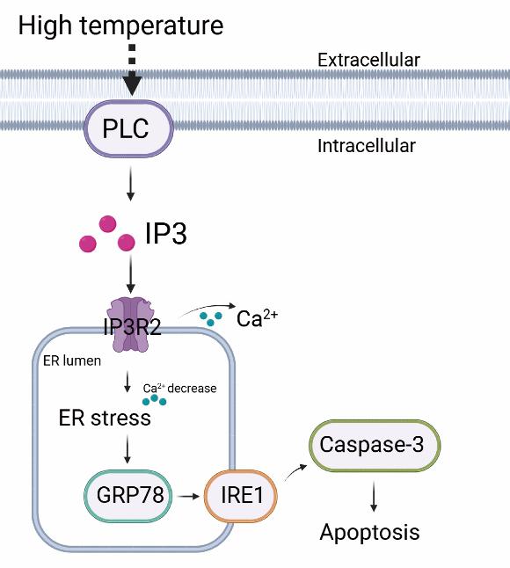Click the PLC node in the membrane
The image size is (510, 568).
point(128,128)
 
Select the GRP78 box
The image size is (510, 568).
point(127,496)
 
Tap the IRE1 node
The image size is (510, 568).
point(241,496)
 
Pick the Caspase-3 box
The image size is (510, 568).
point(375,445)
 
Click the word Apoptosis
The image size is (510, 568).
point(369,532)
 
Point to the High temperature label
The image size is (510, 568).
point(120,25)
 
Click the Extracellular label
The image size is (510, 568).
point(368,60)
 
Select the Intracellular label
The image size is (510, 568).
point(366,146)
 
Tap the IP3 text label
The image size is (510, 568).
point(166,233)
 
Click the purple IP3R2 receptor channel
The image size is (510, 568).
point(129,324)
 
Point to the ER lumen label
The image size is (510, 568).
point(72,360)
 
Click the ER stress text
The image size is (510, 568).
point(105,418)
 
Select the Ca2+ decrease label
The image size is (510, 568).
point(179,388)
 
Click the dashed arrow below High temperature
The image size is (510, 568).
point(132,70)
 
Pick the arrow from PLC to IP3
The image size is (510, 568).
point(130,183)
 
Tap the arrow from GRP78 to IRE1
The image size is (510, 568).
point(189,496)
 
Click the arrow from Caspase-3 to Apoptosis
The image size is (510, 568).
point(374,496)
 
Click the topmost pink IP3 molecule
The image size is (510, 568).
point(107,224)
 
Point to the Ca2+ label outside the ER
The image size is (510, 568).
point(257,317)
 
